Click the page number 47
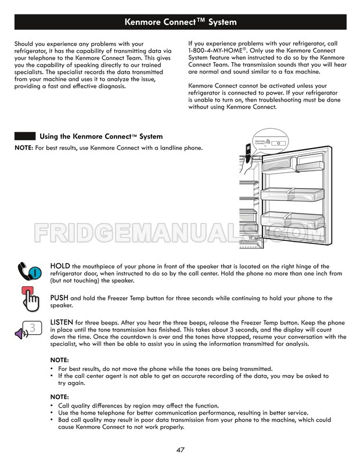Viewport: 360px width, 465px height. tap(180, 450)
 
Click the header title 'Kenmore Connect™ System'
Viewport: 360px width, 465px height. tap(180, 23)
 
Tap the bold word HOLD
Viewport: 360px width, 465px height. tap(60, 266)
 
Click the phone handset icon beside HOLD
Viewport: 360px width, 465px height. tap(30, 271)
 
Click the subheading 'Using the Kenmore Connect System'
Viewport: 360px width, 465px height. tap(101, 136)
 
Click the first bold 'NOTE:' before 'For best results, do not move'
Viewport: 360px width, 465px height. tap(59, 360)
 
